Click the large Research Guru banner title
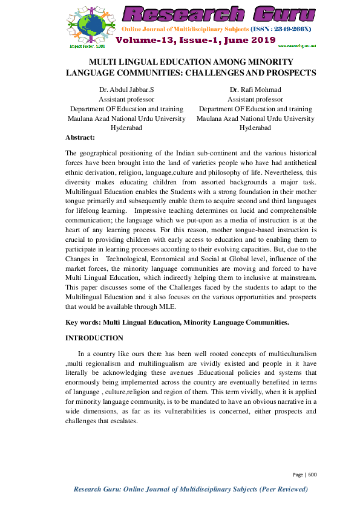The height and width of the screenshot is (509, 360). (x=219, y=14)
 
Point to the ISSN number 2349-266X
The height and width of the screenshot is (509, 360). (x=288, y=29)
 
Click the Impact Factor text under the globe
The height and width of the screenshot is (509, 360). (x=87, y=46)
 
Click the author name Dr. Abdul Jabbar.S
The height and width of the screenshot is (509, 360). (x=127, y=90)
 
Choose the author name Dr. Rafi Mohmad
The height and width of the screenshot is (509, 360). (x=255, y=90)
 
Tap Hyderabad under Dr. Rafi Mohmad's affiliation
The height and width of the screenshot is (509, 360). (x=255, y=128)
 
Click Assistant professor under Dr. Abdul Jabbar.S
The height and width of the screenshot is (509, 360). (x=127, y=100)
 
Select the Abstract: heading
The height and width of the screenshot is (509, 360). (x=80, y=138)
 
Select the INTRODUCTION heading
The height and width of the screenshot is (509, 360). (x=94, y=338)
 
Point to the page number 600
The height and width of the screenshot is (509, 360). (x=312, y=475)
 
